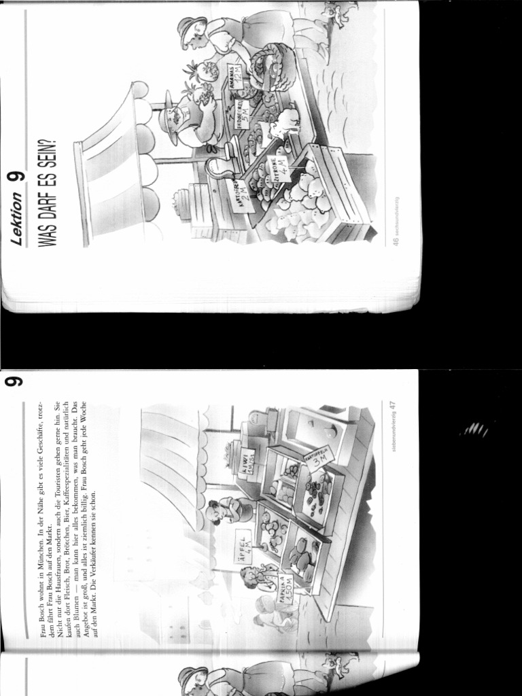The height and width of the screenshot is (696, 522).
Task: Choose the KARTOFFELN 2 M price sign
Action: point(234,192)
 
